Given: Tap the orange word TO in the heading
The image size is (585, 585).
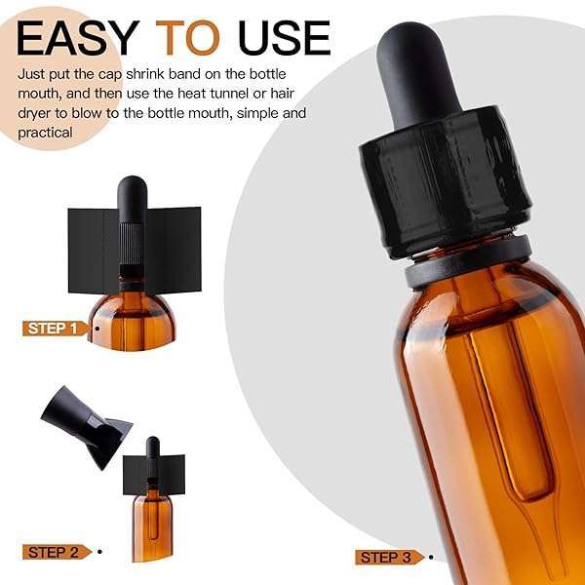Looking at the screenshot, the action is [187, 38].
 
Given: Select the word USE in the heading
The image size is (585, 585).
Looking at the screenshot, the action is [285, 38].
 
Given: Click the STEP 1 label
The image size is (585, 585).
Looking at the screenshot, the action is [55, 329].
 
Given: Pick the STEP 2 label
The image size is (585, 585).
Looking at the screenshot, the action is [57, 552].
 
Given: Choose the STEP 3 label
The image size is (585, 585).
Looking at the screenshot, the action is [389, 558].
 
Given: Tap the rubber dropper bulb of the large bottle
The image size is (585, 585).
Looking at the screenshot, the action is [418, 73].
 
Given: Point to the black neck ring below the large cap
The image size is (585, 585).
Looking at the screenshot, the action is [468, 261].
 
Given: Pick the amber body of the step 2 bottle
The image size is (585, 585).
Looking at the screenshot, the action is [152, 527].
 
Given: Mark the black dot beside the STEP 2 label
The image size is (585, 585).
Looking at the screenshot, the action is [99, 552].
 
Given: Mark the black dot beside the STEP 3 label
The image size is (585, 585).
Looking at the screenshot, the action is [431, 558].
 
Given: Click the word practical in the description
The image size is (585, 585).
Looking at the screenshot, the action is [45, 133].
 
